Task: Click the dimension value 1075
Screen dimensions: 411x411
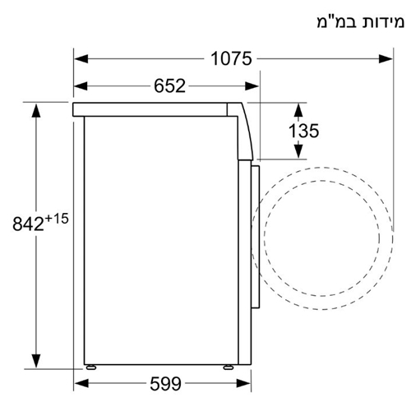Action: tap(231, 58)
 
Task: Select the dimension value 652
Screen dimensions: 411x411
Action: tap(169, 85)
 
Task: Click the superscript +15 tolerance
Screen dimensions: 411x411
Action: tap(60, 218)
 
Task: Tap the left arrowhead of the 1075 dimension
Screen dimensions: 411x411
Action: tap(79, 58)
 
